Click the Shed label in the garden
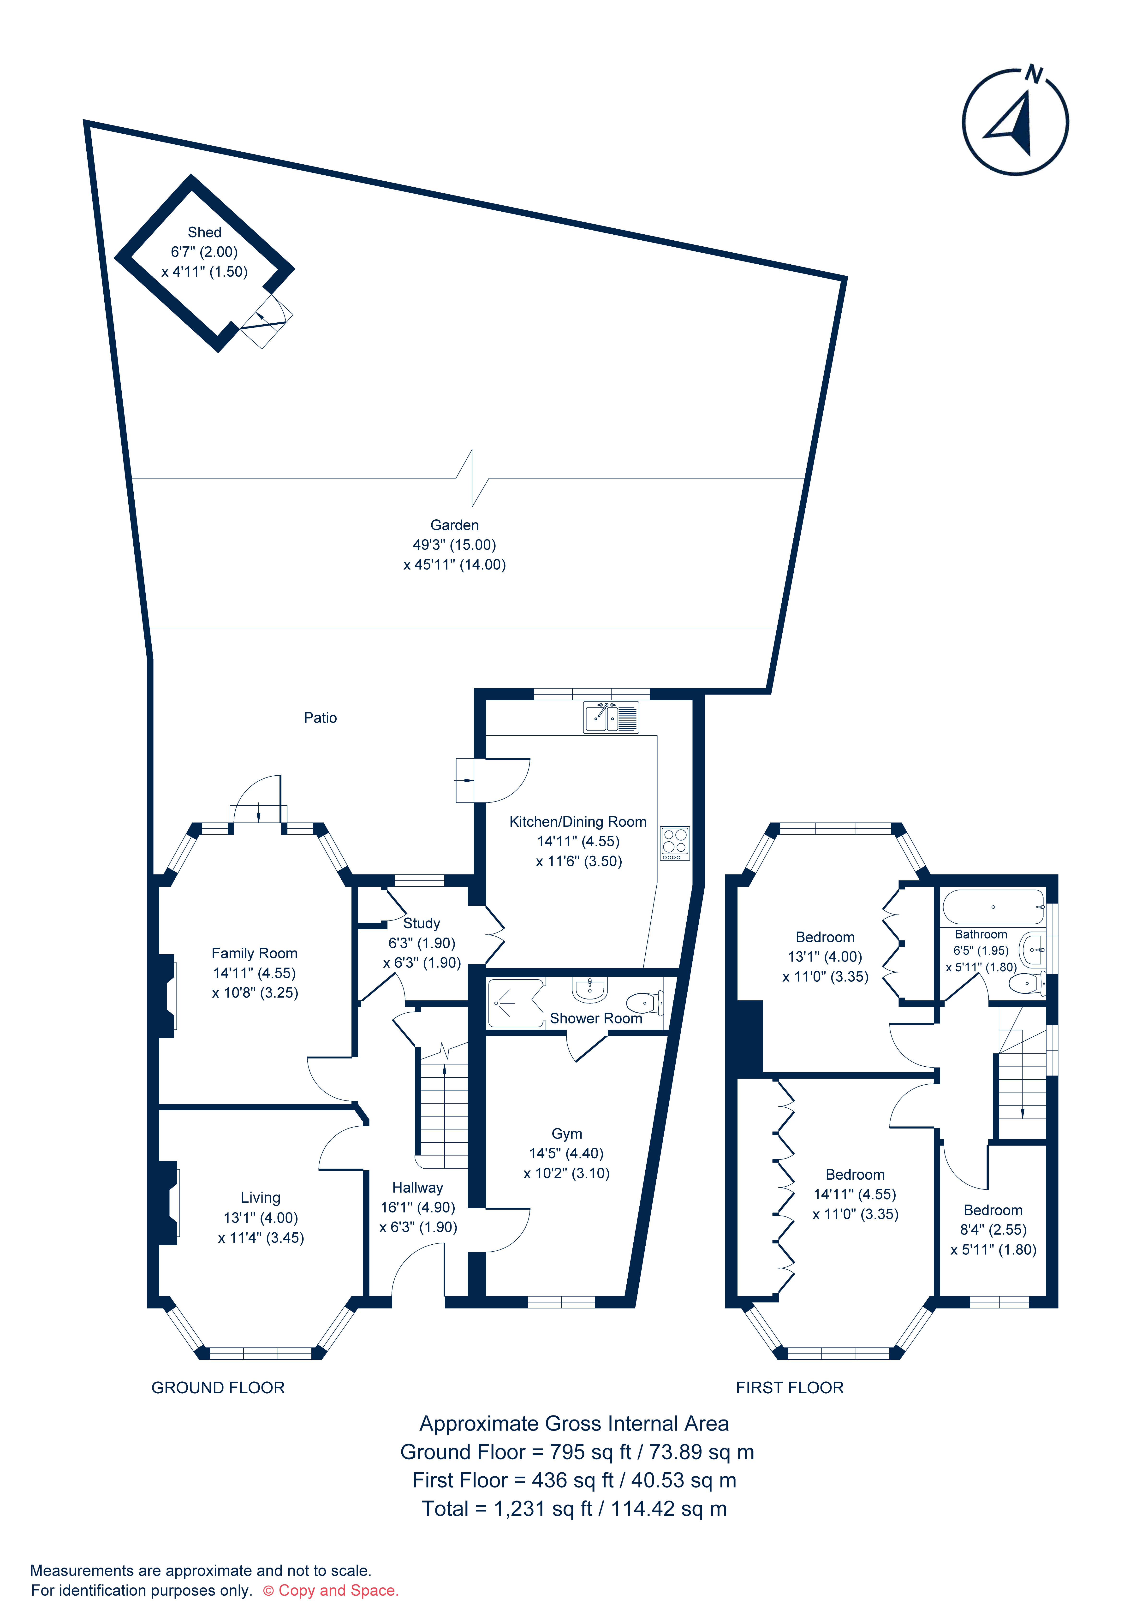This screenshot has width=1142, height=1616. [x=204, y=232]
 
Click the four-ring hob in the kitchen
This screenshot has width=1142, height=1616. [x=674, y=843]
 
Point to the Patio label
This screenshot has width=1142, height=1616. [x=320, y=718]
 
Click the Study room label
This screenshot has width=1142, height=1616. [x=422, y=923]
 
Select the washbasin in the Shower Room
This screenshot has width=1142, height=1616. [x=590, y=990]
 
